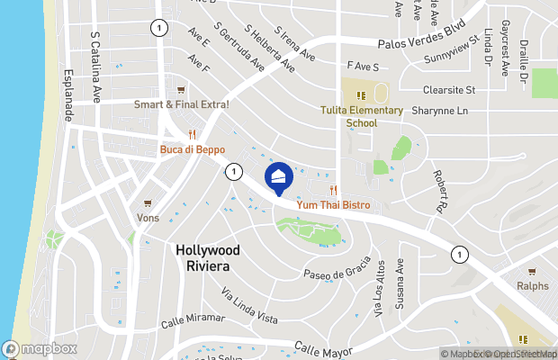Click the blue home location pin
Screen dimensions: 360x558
pyautogui.click(x=279, y=176)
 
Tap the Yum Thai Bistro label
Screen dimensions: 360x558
pyautogui.click(x=334, y=205)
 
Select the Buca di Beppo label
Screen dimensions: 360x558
pyautogui.click(x=192, y=149)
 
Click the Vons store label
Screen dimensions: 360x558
pyautogui.click(x=148, y=218)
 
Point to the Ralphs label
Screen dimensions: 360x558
pyautogui.click(x=531, y=286)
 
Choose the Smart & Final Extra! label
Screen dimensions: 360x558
pyautogui.click(x=182, y=104)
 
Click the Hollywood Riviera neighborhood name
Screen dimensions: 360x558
pyautogui.click(x=208, y=258)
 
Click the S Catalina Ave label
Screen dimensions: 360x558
pyautogui.click(x=95, y=67)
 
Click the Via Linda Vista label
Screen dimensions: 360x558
pyautogui.click(x=249, y=305)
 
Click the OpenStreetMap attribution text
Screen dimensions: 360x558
pyautogui.click(x=520, y=354)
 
